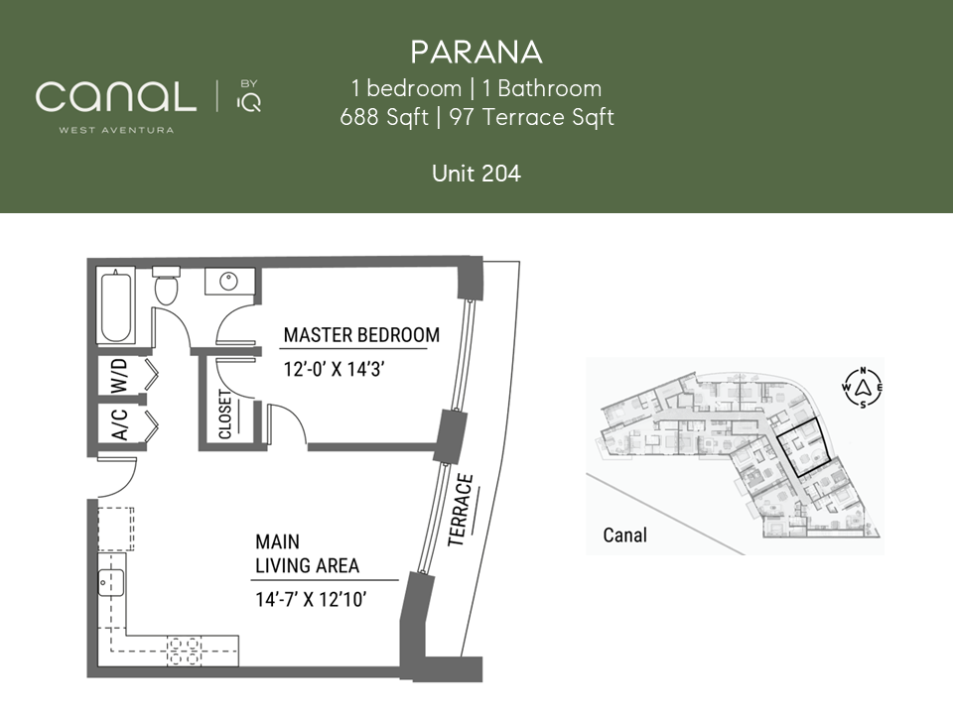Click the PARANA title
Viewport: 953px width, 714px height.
(476, 53)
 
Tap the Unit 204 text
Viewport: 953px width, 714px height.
(476, 174)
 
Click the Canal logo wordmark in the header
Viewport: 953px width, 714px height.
(116, 96)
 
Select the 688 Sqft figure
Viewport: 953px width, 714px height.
(384, 117)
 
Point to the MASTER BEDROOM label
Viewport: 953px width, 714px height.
(361, 335)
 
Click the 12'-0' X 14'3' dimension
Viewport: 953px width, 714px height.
(335, 369)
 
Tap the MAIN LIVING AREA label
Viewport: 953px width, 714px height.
(307, 553)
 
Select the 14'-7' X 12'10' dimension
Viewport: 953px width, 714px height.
(311, 600)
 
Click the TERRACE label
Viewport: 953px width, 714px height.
(460, 511)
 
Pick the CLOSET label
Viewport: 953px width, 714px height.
(225, 415)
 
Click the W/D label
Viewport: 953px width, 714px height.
(120, 376)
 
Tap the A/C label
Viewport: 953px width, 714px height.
(120, 423)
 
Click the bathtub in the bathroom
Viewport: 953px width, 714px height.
(116, 307)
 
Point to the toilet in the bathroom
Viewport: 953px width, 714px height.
(166, 286)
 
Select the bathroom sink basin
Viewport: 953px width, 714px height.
(228, 282)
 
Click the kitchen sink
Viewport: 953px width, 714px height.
(112, 583)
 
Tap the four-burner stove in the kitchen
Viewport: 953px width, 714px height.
(184, 651)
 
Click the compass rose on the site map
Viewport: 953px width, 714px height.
(863, 388)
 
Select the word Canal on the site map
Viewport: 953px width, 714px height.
(624, 535)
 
